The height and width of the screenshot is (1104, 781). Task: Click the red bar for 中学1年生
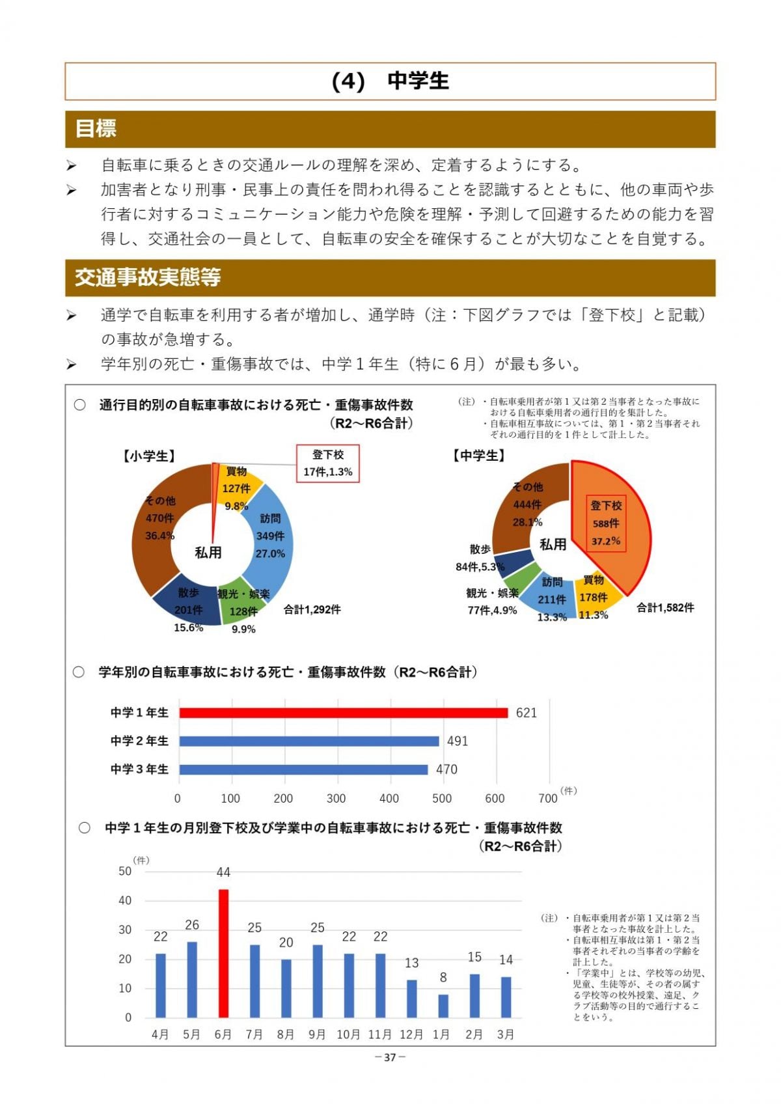[343, 713]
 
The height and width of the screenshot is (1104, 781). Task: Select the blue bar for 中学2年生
[309, 741]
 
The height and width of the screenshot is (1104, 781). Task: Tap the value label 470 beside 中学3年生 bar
[446, 769]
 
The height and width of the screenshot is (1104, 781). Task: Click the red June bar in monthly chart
[223, 953]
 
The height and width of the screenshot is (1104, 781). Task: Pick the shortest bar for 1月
[443, 1006]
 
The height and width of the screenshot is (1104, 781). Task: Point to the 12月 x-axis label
[411, 1034]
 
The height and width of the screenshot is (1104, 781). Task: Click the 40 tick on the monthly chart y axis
[125, 900]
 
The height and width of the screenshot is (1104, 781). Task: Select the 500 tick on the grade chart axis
[442, 798]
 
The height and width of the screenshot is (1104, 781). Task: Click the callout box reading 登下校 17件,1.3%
[328, 463]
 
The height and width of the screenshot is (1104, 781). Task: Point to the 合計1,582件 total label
[665, 607]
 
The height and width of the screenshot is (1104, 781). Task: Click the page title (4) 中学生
[390, 81]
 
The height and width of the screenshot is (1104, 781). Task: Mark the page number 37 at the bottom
[390, 1057]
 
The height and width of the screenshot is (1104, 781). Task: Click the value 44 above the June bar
[223, 872]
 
